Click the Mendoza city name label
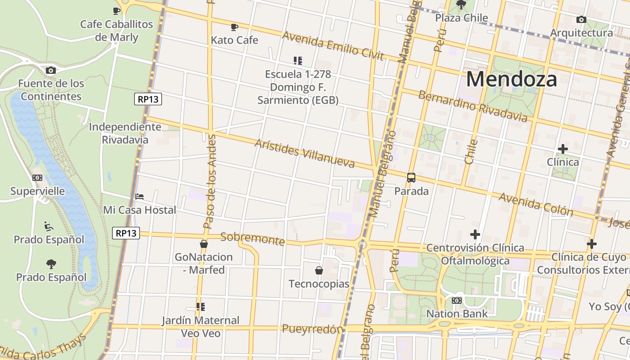tap(512, 79)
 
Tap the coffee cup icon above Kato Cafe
tap(234, 27)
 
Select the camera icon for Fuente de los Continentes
tap(51, 70)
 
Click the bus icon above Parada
tap(411, 177)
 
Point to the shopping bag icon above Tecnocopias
tap(319, 270)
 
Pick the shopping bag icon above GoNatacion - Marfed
tap(204, 244)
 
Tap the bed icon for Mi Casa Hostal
tap(139, 197)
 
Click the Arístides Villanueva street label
tap(305, 153)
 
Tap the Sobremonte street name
tap(252, 238)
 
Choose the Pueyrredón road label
tap(312, 329)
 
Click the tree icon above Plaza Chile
tap(461, 5)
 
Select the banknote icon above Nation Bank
tap(457, 300)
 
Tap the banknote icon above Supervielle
tap(37, 178)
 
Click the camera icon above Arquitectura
tap(581, 19)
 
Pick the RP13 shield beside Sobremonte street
tap(126, 233)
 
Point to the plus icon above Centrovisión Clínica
tap(475, 234)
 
